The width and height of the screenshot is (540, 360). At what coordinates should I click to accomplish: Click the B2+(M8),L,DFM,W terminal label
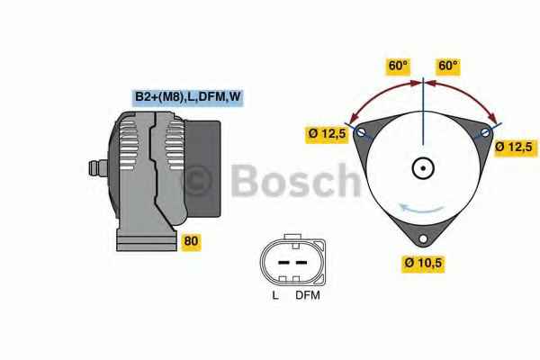point(188,97)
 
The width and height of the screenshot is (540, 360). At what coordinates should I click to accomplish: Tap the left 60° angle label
point(398,66)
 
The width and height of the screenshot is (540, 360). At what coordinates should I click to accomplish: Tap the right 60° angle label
point(448,66)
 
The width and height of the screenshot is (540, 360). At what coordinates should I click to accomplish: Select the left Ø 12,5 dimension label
point(327,134)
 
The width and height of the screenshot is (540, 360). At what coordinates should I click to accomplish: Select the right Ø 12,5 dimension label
point(515,148)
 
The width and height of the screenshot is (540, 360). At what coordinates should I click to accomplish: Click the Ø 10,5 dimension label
point(423,264)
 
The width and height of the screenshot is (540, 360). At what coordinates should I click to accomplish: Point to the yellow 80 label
point(191,241)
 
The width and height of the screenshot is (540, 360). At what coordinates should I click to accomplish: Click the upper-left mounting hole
point(361,132)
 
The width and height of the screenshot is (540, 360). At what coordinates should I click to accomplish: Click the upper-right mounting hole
point(485,132)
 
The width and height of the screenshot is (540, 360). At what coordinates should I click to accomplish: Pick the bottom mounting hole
point(423,238)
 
